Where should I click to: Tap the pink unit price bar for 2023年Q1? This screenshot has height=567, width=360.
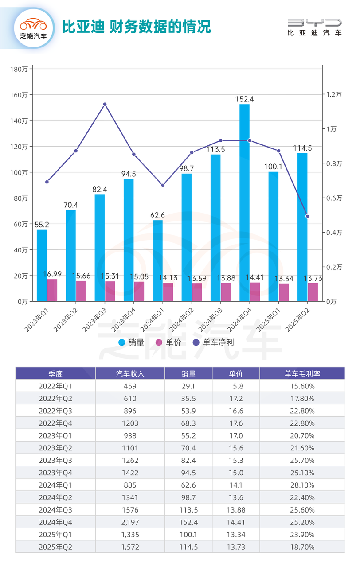[52, 290]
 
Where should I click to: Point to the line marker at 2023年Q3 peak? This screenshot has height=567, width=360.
[105, 105]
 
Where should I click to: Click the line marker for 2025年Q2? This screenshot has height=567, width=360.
[307, 217]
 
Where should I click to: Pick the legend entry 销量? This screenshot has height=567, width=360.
[131, 342]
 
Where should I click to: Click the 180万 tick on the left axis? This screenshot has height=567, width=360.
[20, 69]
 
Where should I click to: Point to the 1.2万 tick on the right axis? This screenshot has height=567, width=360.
[334, 95]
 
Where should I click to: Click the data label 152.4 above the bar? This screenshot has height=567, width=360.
[244, 99]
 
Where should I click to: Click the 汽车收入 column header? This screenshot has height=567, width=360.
[130, 373]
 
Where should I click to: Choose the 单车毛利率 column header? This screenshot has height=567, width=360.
[302, 373]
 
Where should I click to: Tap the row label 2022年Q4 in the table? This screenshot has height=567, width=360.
[55, 423]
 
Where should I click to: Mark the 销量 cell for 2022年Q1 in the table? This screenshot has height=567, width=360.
[188, 386]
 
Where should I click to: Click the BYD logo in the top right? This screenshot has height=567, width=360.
[314, 27]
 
